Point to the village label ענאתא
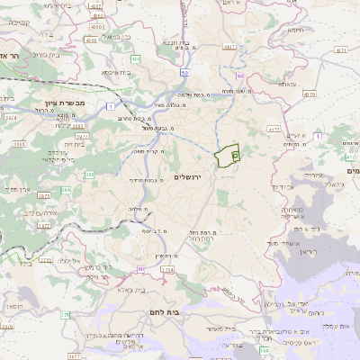(287, 85)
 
